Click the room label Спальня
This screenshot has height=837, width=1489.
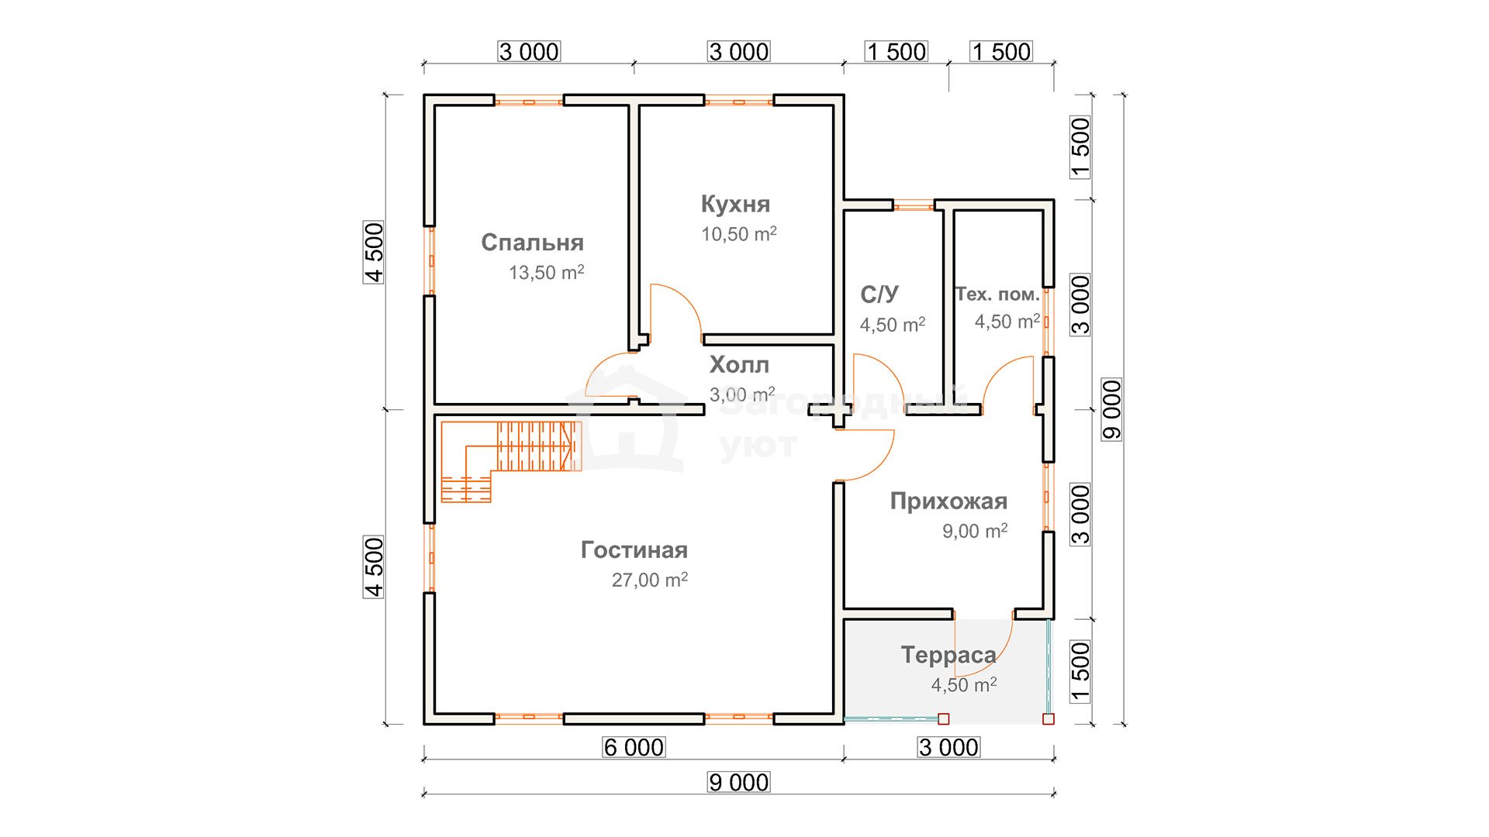coord(532,243)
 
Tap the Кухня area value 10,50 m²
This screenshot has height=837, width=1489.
coord(739,234)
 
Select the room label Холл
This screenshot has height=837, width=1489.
coord(739,365)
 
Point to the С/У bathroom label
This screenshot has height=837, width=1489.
coord(879,294)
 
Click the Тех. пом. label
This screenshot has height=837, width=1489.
coord(997,294)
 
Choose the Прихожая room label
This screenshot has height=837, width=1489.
coord(948,501)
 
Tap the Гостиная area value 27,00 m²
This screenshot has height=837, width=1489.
coord(650,580)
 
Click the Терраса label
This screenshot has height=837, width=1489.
coord(948,655)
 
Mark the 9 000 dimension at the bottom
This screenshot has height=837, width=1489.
coord(739,783)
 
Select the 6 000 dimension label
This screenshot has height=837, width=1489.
coord(634,747)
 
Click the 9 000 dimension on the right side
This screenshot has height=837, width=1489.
coord(1112,409)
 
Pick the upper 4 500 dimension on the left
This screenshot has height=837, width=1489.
coord(374,253)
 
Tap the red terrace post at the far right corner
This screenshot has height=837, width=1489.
coord(1049,719)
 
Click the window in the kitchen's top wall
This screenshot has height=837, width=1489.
coord(739,100)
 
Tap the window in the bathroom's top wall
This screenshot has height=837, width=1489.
coord(914,205)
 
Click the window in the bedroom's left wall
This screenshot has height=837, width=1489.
coord(429,260)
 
